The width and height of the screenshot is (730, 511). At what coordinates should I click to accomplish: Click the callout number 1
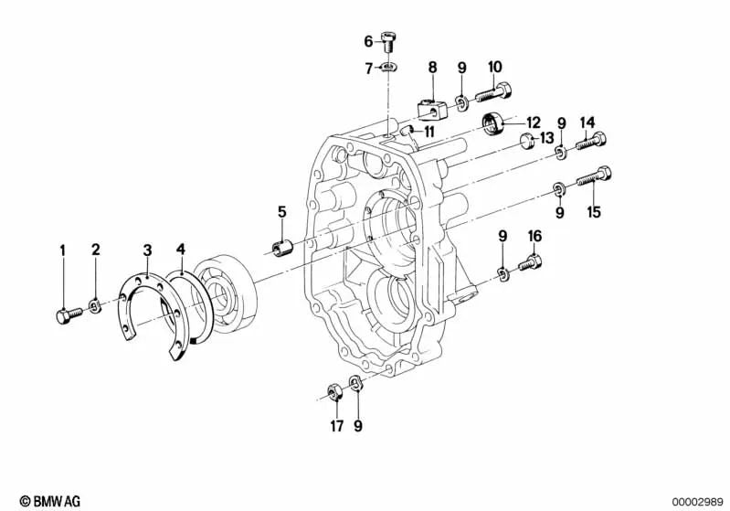(62, 250)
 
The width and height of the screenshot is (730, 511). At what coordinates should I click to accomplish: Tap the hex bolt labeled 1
(69, 315)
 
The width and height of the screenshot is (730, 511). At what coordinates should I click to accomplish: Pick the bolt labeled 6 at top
(388, 41)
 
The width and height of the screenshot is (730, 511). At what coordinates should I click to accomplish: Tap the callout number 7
(369, 69)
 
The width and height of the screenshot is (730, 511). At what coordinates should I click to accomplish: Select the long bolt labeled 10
(493, 91)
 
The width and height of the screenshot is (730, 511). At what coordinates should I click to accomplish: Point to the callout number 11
(428, 132)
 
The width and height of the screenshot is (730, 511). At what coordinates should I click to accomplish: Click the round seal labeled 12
(492, 124)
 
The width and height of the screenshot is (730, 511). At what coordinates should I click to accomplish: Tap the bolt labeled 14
(591, 141)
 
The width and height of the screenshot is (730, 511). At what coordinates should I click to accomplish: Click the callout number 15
(594, 212)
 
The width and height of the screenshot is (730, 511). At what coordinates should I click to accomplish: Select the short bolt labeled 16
(530, 263)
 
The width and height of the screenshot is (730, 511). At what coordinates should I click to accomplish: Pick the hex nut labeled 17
(333, 393)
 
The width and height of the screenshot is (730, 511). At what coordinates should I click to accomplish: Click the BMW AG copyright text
(50, 501)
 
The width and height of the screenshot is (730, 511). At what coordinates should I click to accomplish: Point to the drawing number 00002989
(697, 502)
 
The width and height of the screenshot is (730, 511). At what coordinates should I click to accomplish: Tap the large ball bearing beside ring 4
(226, 294)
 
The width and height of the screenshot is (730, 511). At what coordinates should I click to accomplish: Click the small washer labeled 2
(95, 306)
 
